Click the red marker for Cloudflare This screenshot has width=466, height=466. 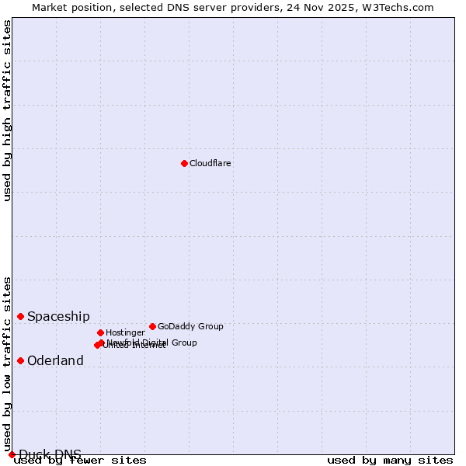[184, 163]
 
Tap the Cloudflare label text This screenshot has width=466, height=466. [210, 164]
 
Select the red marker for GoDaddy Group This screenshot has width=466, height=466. [152, 326]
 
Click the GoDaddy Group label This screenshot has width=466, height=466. [190, 327]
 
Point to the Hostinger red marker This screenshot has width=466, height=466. [100, 332]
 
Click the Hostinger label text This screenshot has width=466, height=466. [125, 333]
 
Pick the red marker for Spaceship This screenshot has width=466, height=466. [21, 316]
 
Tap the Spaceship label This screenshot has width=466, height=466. [58, 317]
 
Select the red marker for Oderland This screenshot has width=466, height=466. [21, 360]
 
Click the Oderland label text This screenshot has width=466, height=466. [55, 361]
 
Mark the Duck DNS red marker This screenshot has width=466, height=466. [12, 454]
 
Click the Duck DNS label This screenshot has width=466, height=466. [50, 454]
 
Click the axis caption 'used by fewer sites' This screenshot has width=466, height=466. [80, 461]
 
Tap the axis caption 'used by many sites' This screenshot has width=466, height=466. [390, 461]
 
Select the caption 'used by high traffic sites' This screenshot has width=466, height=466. [8, 110]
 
